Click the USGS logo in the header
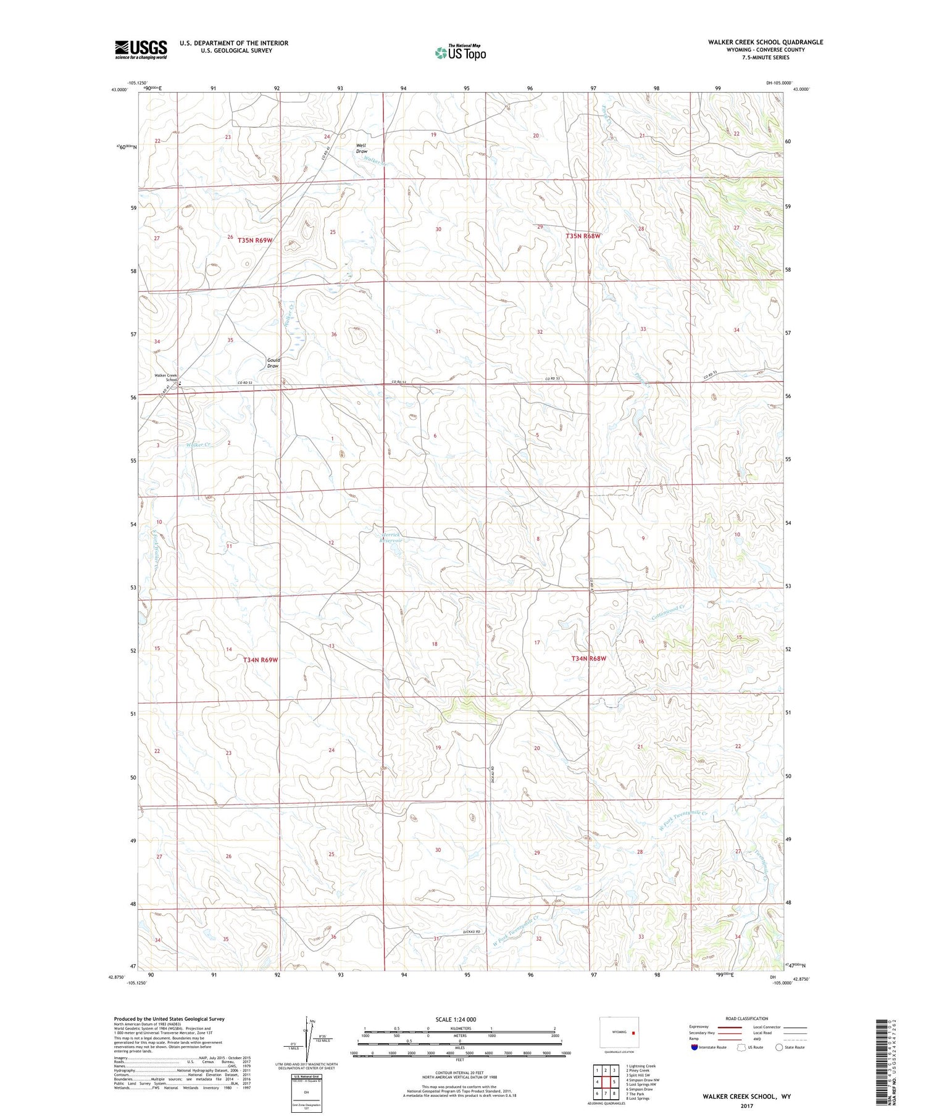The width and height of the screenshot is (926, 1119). [x=141, y=49]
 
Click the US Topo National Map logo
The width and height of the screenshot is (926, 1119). [x=460, y=52]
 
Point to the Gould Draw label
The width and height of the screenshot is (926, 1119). [x=273, y=363]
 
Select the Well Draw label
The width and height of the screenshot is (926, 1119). [x=361, y=149]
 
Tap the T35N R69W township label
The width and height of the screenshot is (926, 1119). [x=254, y=240]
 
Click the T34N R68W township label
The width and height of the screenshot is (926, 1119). [x=588, y=659]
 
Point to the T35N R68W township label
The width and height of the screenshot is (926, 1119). [x=583, y=236]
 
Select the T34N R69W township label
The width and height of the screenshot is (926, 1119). [x=261, y=660]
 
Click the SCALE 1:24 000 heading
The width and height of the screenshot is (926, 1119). [x=456, y=1019]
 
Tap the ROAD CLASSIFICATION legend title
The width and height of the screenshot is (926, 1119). [x=747, y=1018]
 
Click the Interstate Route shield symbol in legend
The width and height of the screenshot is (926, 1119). [x=695, y=1047]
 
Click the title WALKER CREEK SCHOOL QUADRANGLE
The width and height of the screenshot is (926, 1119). [x=765, y=42]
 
